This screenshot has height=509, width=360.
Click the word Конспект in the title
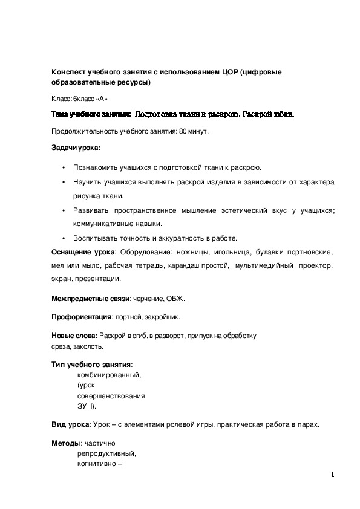70,72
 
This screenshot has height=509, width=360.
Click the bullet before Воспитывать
64,238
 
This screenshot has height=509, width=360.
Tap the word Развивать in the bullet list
91,210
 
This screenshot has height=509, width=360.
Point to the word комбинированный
108,375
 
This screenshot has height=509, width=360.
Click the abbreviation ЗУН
86,406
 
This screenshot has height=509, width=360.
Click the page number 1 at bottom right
333,475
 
